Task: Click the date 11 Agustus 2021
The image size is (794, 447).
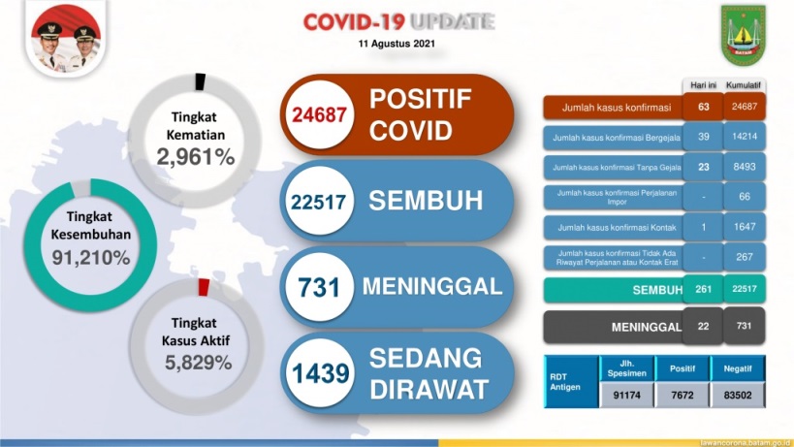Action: (x=398, y=45)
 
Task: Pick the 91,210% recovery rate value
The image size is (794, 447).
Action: (x=89, y=258)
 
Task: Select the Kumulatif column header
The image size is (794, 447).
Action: (x=744, y=85)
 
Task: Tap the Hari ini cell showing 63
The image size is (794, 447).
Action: (x=703, y=107)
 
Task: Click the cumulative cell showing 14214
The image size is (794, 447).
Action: (x=744, y=137)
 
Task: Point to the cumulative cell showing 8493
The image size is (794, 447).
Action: (x=744, y=167)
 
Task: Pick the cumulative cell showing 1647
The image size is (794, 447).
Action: (x=744, y=227)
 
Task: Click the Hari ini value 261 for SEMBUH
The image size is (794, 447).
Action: (x=703, y=291)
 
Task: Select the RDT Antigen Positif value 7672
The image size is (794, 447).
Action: (x=676, y=395)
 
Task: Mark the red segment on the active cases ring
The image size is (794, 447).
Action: (x=204, y=288)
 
